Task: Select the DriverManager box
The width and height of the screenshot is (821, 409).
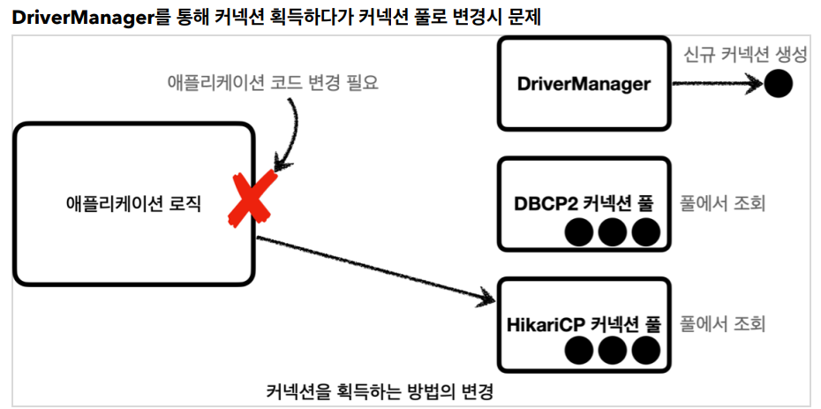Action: click(584, 85)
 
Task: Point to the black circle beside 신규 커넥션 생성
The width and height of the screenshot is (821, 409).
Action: click(777, 85)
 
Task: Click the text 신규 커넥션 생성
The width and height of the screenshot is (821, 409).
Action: click(744, 55)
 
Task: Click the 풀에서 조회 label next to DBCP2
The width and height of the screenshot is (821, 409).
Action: click(721, 204)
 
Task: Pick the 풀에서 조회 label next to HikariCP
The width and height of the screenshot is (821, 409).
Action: click(721, 323)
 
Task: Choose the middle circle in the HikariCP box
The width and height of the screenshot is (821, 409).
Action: click(612, 351)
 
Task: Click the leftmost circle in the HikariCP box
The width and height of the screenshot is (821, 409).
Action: click(578, 351)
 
